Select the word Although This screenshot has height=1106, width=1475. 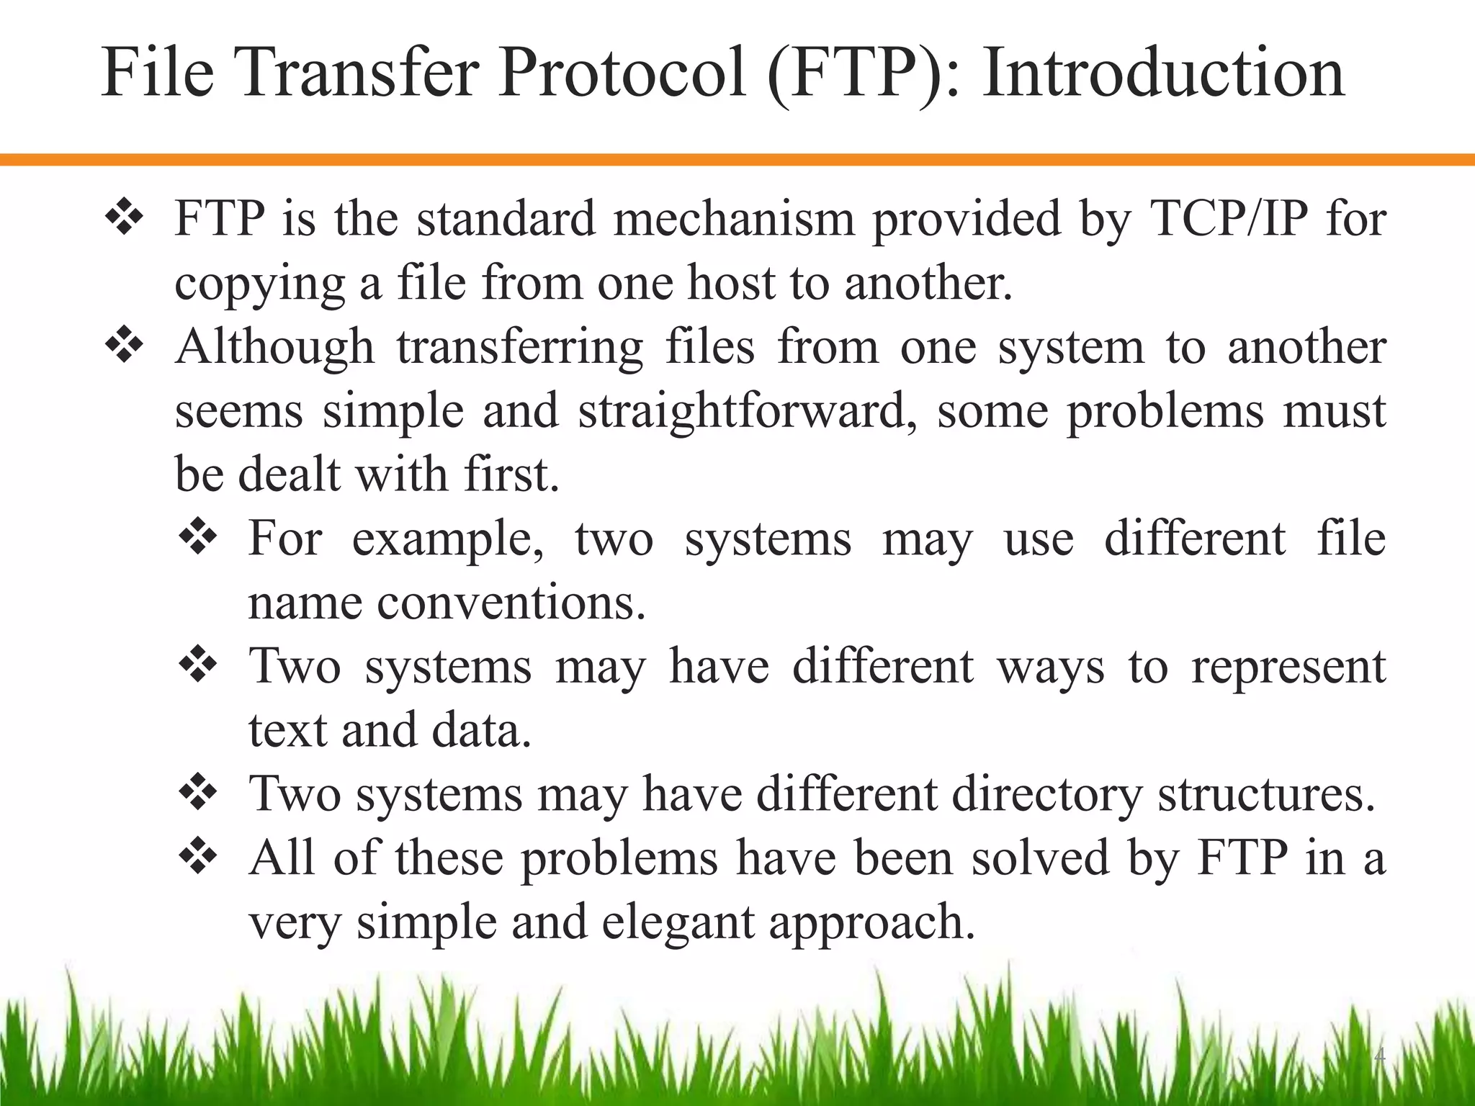pos(274,347)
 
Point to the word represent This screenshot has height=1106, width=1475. pos(1288,667)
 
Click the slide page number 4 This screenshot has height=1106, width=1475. pos(1379,1057)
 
